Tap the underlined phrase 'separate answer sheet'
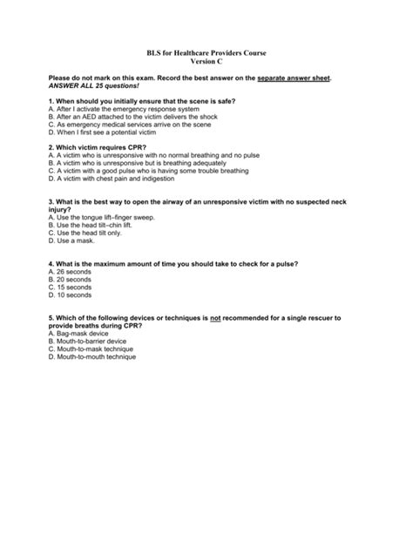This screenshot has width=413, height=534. tap(294, 78)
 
